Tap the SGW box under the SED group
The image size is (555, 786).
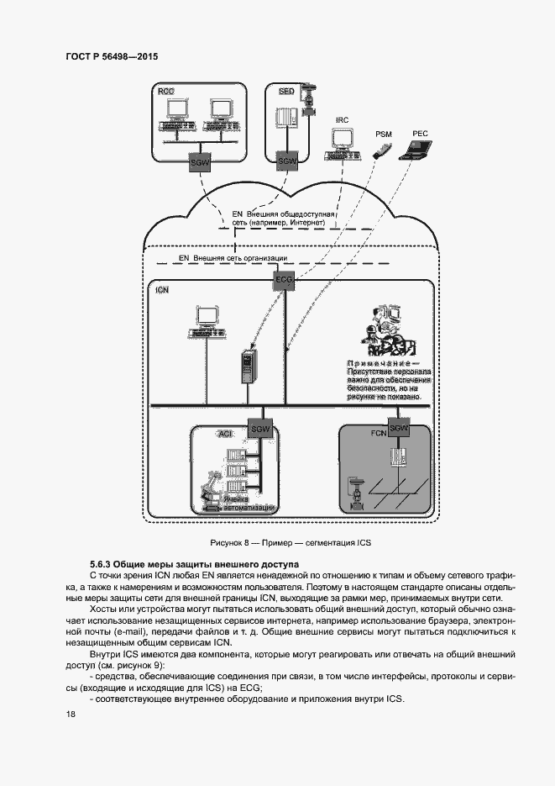pyautogui.click(x=287, y=161)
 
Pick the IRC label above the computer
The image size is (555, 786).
pyautogui.click(x=342, y=121)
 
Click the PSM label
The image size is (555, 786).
pyautogui.click(x=383, y=135)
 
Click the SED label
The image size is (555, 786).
pyautogui.click(x=285, y=90)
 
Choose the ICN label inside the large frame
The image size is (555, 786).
pyautogui.click(x=162, y=289)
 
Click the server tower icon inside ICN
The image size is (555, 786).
pyautogui.click(x=248, y=367)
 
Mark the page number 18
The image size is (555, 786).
pyautogui.click(x=71, y=714)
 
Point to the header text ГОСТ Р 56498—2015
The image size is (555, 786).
pyautogui.click(x=112, y=56)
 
